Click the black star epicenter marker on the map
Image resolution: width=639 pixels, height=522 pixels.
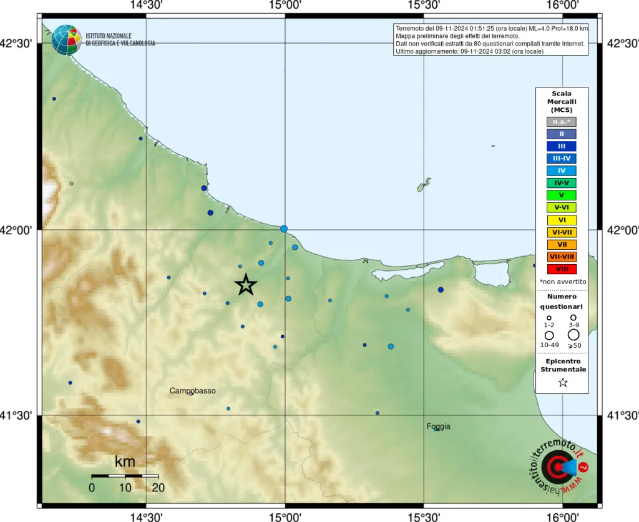click(x=246, y=285)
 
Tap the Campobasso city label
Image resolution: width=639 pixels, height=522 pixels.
click(x=192, y=391)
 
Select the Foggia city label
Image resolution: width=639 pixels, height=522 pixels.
click(x=438, y=426)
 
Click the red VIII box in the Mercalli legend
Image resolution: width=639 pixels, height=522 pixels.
click(x=561, y=269)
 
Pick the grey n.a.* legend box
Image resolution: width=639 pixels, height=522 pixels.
click(x=561, y=122)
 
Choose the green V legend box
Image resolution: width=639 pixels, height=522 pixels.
click(x=561, y=195)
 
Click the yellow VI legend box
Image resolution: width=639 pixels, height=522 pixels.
click(x=561, y=220)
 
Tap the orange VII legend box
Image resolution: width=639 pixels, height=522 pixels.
click(x=561, y=244)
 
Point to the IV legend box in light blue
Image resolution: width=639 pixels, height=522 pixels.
click(x=561, y=170)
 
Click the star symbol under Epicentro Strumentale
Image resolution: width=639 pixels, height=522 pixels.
click(x=562, y=383)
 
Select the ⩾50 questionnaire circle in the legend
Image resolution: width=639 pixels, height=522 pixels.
click(x=573, y=335)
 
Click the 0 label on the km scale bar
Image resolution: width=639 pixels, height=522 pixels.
click(x=92, y=488)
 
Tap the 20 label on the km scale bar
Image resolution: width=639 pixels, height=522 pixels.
click(x=158, y=488)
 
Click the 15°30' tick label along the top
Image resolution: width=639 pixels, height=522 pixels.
click(x=424, y=6)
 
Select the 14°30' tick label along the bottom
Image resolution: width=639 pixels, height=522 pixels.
click(x=146, y=516)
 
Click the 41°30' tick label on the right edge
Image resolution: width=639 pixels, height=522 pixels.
click(x=622, y=415)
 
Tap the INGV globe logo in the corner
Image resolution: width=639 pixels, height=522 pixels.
click(x=66, y=39)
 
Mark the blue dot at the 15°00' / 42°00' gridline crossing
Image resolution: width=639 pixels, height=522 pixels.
click(x=284, y=229)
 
